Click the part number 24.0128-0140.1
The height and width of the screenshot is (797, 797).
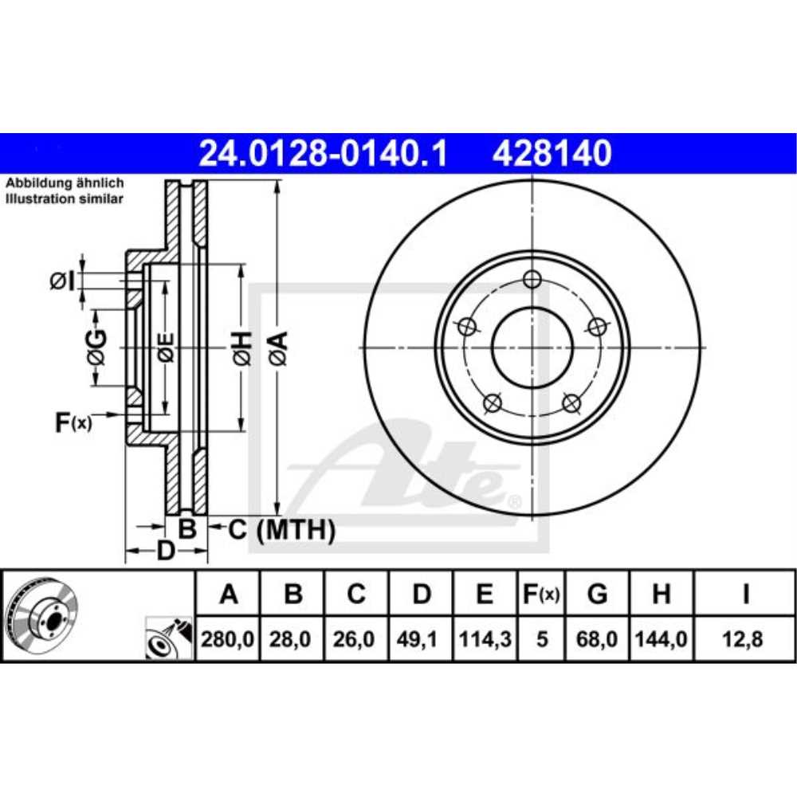point(322,153)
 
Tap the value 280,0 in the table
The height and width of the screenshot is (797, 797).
point(229,638)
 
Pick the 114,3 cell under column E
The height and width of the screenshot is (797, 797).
point(485,638)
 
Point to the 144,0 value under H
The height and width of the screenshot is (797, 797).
point(661,638)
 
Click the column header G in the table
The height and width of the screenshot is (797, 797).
point(596,594)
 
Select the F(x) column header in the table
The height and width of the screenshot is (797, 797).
point(541,594)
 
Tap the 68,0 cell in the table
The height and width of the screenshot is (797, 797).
point(596,638)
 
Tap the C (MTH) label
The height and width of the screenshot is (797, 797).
point(282,528)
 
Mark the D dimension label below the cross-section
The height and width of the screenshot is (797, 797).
point(164,550)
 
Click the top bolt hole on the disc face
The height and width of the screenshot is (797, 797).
point(532,279)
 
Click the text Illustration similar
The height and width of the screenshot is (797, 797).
point(65,198)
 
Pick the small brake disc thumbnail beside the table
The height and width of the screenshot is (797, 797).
point(41,614)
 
